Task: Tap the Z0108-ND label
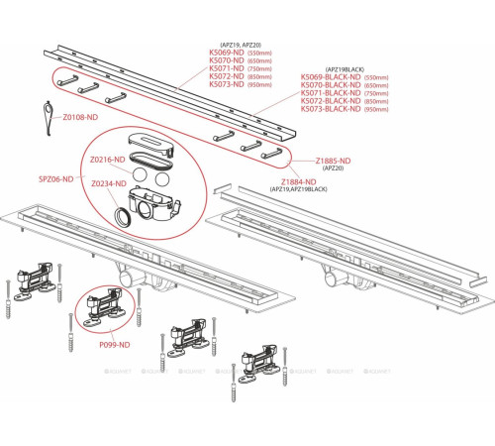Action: coord(80,117)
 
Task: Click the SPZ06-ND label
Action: coord(54,178)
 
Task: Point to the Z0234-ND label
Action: coord(106,184)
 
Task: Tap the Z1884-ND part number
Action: coord(296,181)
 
